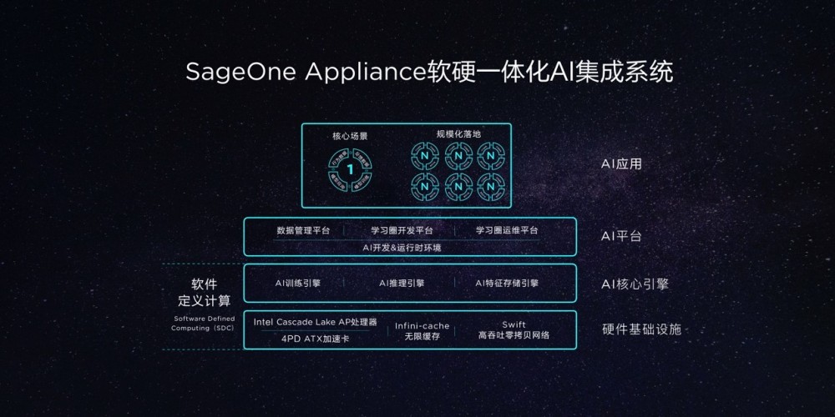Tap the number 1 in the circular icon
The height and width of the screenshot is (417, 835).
coord(351,169)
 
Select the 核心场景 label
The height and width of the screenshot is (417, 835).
coord(350,135)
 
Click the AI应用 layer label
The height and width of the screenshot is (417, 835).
coord(621,164)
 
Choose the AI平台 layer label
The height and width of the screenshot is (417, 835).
coord(621,236)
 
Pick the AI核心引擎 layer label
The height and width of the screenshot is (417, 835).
coord(635,284)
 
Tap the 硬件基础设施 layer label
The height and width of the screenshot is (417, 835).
coord(641,329)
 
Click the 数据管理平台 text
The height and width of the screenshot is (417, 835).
coord(303,230)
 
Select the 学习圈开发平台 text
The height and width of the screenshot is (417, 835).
coord(402,230)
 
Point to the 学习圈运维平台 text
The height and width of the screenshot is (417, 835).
coord(507,230)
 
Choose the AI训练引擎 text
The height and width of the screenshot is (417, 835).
coord(298,284)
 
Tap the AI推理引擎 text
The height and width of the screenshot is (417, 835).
coord(402,284)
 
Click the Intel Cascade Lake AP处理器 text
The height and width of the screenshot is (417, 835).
coord(316,322)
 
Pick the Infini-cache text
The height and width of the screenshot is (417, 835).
coord(422,325)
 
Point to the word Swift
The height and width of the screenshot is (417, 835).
coord(514,324)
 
